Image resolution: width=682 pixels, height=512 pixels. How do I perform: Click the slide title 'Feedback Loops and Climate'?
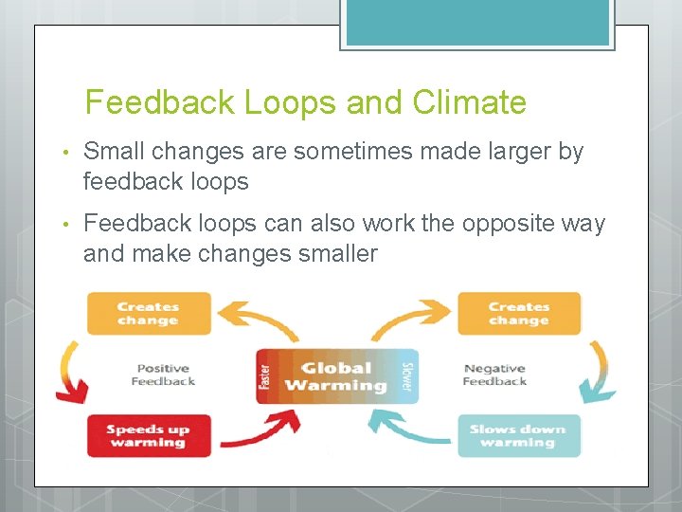[x=305, y=102]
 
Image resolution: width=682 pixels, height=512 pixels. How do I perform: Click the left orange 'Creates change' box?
[x=149, y=314]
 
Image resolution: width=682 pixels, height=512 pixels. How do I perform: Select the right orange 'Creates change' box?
[x=518, y=314]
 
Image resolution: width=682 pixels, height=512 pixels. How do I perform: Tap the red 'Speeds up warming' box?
[x=149, y=436]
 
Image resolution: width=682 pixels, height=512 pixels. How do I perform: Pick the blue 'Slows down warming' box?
[x=518, y=436]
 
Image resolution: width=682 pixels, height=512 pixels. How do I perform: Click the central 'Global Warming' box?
[x=336, y=376]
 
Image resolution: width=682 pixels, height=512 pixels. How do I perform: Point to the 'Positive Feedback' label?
[x=163, y=375]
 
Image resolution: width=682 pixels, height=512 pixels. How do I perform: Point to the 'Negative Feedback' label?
[x=494, y=375]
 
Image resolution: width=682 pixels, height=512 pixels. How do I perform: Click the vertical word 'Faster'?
[x=264, y=376]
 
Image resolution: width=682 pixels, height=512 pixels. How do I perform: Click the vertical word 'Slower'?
[x=407, y=376]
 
